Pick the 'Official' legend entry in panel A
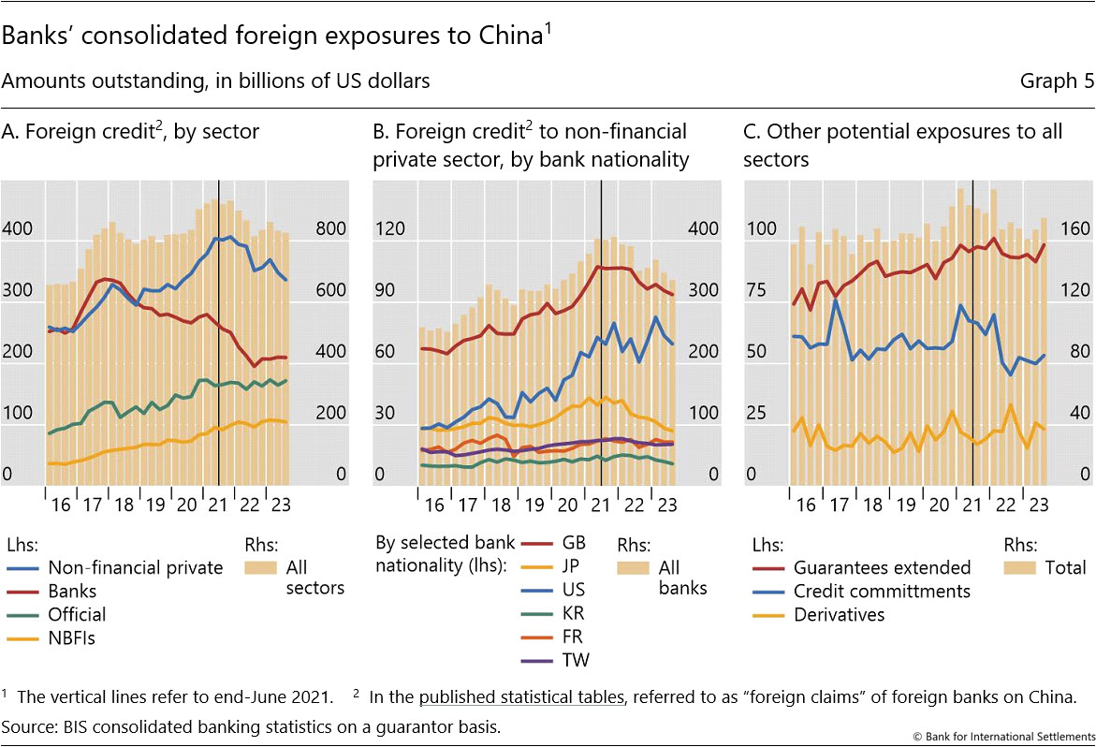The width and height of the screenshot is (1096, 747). click(77, 614)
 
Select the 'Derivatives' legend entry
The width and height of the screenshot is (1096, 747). click(839, 614)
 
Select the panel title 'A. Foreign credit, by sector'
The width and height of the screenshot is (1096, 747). click(130, 132)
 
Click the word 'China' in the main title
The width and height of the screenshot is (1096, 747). click(510, 37)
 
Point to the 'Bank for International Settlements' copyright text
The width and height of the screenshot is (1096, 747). click(1007, 735)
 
